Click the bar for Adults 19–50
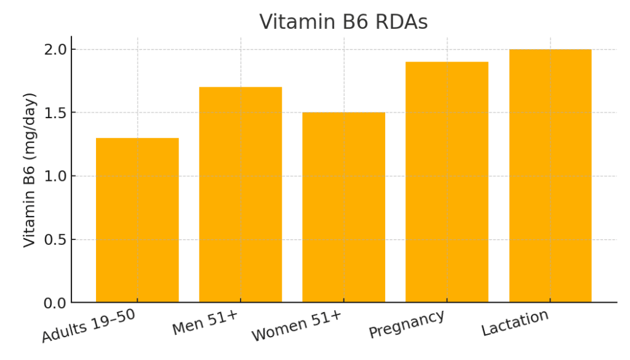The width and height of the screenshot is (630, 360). pos(137,220)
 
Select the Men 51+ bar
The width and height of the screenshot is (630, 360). pos(241,194)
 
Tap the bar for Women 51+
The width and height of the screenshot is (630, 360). pos(344,207)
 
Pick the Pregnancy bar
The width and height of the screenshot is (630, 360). pos(447,182)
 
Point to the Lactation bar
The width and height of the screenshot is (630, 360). pos(550,176)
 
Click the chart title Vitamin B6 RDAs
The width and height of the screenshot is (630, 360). pos(343,22)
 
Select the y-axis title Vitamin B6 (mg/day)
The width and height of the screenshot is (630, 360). pos(30,170)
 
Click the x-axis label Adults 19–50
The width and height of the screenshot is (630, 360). pos(89,326)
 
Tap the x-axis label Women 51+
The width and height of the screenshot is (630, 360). pos(296,326)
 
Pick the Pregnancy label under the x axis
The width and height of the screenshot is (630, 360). pos(407,324)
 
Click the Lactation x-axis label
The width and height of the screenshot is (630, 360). pos(515,323)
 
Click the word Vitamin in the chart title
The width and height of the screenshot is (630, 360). pos(291,22)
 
